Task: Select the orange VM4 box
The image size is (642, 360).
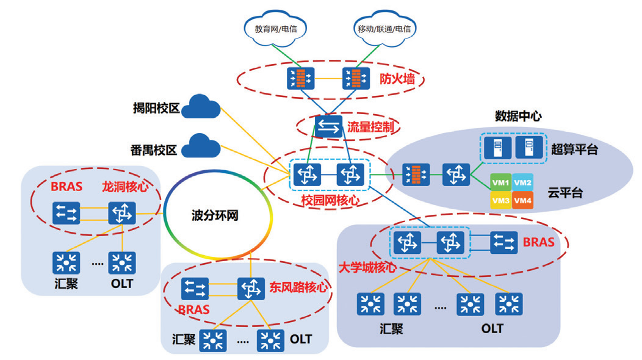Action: tap(522, 200)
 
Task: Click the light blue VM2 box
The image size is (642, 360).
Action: tap(522, 182)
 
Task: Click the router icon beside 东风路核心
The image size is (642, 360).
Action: tap(251, 287)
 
